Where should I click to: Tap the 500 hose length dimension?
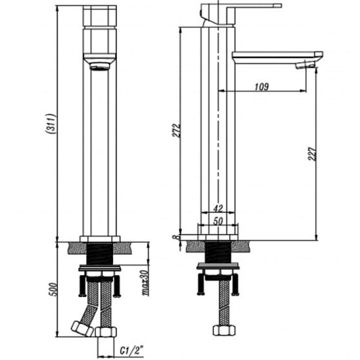click(54, 290)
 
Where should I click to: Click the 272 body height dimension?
click(176, 131)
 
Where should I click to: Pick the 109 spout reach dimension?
click(261, 87)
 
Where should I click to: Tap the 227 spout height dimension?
click(312, 154)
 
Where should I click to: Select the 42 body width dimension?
click(218, 208)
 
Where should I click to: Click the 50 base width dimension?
click(218, 221)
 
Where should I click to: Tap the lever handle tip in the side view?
click(279, 6)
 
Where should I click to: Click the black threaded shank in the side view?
click(218, 252)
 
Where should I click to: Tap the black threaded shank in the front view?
click(100, 254)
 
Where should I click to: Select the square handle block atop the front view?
click(100, 16)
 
